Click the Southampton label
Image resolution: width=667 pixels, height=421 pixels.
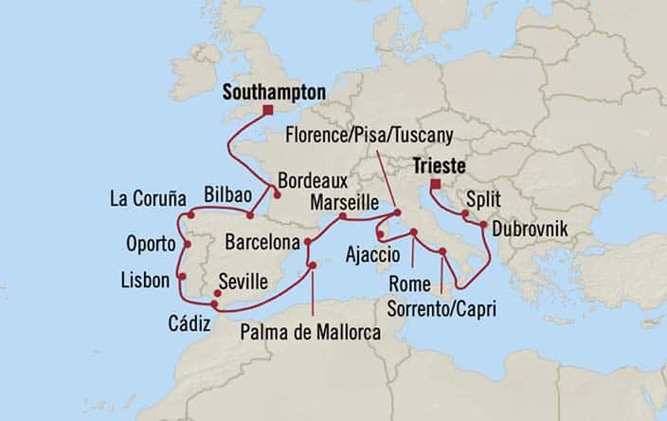(x=274, y=92)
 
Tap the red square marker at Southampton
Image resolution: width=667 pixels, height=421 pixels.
(x=268, y=110)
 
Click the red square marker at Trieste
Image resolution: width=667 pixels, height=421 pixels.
(x=435, y=184)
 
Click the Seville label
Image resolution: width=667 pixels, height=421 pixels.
(x=242, y=282)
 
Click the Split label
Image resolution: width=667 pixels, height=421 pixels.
(x=485, y=201)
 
